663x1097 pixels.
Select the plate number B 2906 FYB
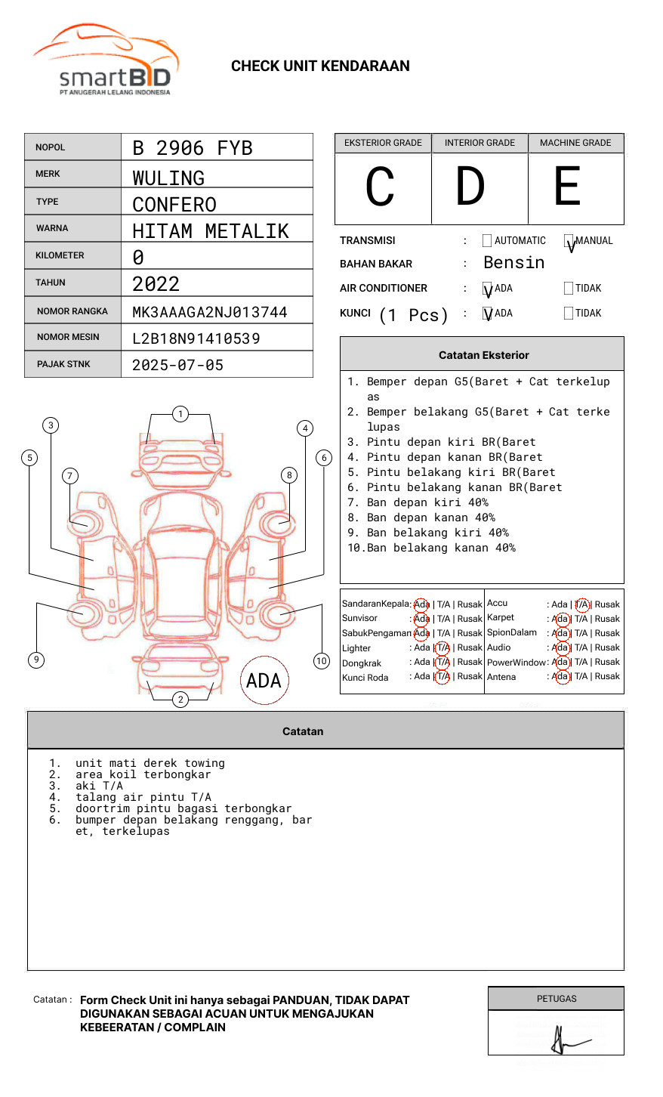coord(192,148)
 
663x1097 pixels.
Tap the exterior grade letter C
coord(380,187)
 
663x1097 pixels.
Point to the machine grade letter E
coord(568,187)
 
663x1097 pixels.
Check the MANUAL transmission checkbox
coord(569,241)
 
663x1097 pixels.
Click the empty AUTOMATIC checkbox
coord(487,241)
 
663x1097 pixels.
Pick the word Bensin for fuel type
coord(513,263)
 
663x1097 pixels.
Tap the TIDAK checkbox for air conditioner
coord(569,289)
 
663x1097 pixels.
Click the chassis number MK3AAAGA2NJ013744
coord(209,312)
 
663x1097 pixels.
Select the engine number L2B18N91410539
coord(196,338)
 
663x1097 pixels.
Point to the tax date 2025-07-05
coord(177,365)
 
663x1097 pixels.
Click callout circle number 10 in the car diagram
coord(322,661)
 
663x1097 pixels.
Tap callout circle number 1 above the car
coord(180,414)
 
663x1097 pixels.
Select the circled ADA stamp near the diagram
coord(264,681)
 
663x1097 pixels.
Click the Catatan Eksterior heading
coord(483,355)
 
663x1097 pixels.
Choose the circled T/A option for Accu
coord(581,604)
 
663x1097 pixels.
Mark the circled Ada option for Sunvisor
coord(421,619)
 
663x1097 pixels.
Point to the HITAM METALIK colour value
coord(210,231)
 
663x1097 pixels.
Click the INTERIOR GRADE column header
coord(480,143)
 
